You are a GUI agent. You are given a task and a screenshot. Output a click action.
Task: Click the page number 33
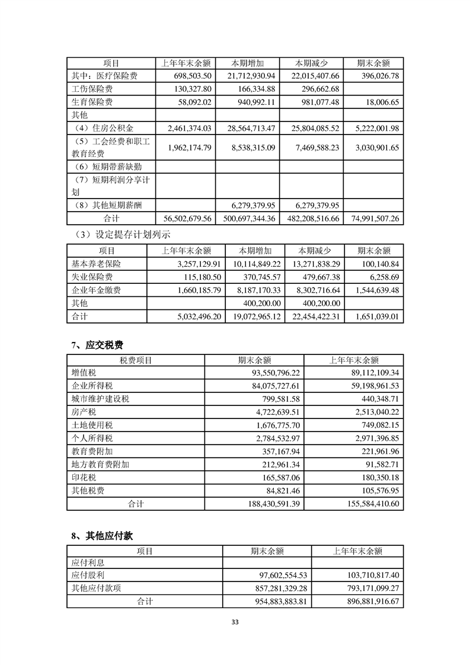click(x=235, y=622)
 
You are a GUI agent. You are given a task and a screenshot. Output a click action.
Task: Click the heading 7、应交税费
click(x=97, y=344)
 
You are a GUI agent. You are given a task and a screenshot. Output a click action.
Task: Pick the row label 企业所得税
click(x=91, y=386)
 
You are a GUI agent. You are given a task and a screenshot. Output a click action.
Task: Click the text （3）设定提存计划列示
click(x=121, y=235)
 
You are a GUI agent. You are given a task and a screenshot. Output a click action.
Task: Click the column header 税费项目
click(x=136, y=360)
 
